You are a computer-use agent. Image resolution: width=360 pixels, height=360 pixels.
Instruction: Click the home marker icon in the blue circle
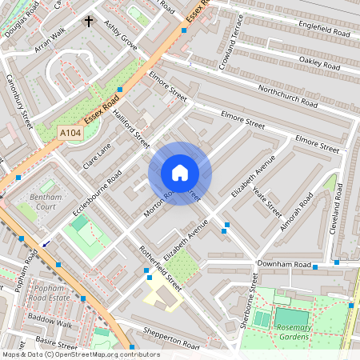tap(180, 172)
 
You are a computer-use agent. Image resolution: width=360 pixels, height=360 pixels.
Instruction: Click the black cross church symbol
tap(88, 21)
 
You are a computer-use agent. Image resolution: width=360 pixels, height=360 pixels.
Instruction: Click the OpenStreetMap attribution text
tap(80, 354)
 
